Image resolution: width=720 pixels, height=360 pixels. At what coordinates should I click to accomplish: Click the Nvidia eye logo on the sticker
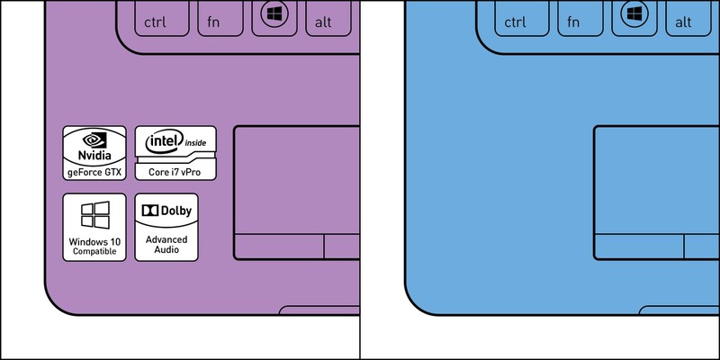click(94, 139)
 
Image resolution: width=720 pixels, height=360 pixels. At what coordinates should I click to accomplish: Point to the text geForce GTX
click(94, 170)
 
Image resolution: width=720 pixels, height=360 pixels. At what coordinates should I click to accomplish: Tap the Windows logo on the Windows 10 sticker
click(94, 214)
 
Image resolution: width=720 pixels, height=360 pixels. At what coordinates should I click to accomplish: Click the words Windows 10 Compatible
click(94, 247)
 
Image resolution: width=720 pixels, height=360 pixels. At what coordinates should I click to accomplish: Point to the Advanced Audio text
click(166, 244)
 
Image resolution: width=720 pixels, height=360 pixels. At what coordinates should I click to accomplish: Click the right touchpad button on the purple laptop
click(342, 247)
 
